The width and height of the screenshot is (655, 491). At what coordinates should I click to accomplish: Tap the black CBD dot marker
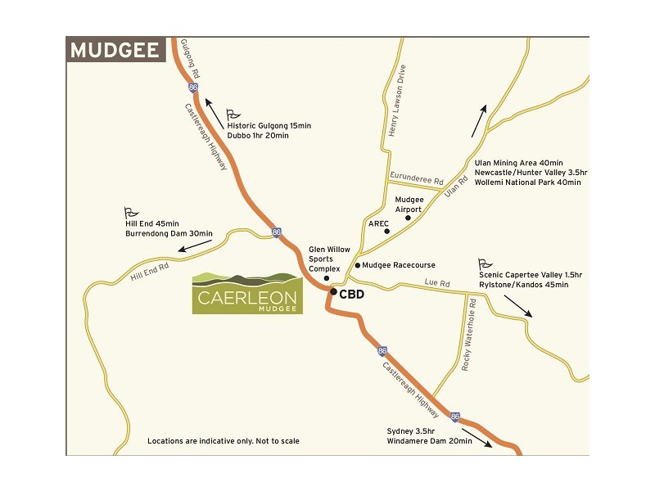[x=333, y=291]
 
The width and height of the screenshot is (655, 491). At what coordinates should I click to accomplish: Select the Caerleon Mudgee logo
[x=247, y=293]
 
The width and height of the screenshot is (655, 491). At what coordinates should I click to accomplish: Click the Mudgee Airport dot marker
[x=407, y=218]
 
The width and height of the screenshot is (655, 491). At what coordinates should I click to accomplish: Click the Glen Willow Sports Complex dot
[x=326, y=278]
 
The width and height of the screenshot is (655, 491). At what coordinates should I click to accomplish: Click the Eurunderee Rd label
[x=416, y=178]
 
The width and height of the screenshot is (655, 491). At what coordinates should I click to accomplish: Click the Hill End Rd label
[x=150, y=272]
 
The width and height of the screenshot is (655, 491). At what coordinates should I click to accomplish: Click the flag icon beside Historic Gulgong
[x=232, y=114]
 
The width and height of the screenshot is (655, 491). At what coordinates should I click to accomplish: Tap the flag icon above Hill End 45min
[x=129, y=211]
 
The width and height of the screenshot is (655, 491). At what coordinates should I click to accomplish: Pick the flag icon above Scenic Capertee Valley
[x=485, y=264]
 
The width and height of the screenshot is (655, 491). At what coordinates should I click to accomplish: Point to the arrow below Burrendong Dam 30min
[x=193, y=245]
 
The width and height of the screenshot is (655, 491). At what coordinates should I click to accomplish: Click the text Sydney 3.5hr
[x=413, y=430]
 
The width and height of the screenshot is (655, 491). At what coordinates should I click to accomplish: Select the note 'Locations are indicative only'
[x=223, y=441]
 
